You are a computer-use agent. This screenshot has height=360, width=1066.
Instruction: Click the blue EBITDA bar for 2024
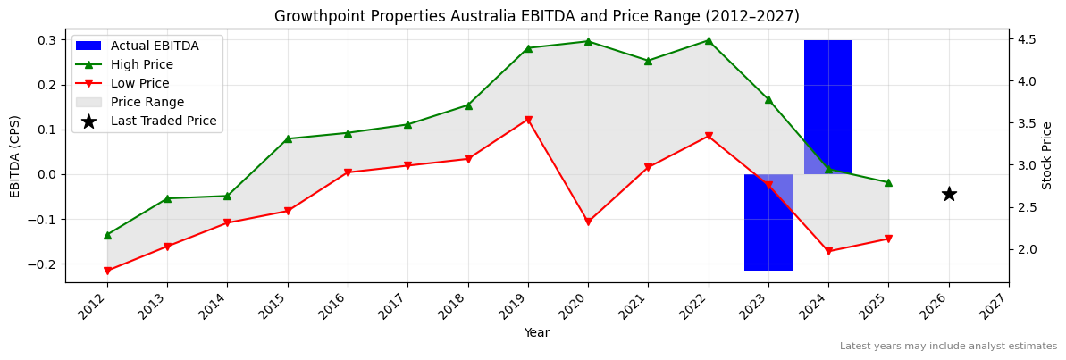coord(827,107)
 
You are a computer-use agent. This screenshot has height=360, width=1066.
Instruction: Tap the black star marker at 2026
coord(949,194)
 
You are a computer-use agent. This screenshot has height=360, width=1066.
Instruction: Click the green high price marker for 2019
coord(528,48)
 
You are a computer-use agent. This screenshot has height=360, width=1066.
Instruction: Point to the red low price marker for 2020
coord(588,222)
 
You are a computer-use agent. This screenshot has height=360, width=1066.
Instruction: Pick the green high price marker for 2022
coord(709,40)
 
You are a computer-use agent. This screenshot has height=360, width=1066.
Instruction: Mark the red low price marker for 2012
coord(107,271)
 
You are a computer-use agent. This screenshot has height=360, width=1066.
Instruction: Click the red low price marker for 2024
coord(828,252)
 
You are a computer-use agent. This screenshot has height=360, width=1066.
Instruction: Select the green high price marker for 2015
coord(288,138)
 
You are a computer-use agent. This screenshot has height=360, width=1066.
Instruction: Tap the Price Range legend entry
coord(147,102)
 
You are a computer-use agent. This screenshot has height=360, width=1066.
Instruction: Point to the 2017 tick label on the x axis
coord(402,308)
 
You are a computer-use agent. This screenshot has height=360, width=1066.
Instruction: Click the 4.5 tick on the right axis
coord(1026,39)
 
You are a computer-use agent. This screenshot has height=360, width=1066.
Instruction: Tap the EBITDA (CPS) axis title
coord(15,155)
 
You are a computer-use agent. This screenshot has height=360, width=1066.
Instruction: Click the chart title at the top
coord(536,16)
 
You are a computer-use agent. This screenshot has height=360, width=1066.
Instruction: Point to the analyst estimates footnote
coord(948,346)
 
